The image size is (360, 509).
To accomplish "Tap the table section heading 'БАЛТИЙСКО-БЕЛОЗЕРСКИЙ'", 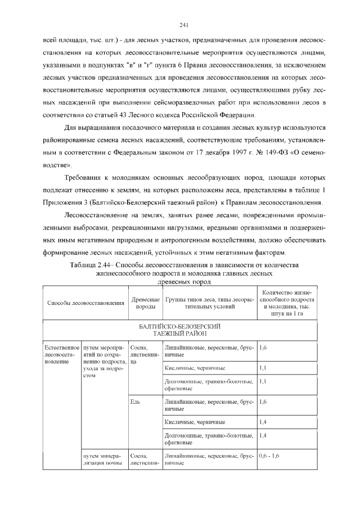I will tap(179, 326).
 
